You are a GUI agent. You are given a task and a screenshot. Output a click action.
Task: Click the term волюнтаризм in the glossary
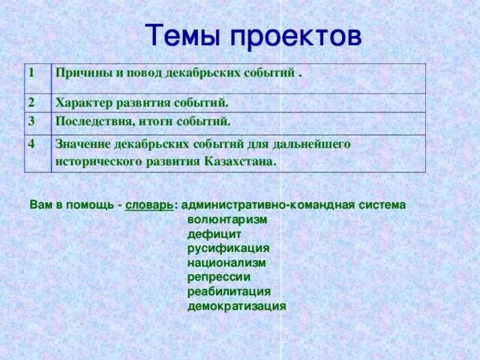click(227, 220)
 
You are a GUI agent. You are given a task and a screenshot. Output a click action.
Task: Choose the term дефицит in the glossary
click(214, 234)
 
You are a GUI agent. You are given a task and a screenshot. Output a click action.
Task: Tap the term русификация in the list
click(228, 248)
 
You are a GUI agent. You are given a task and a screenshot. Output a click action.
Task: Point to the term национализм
click(226, 262)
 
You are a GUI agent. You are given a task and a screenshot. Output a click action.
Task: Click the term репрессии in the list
click(219, 277)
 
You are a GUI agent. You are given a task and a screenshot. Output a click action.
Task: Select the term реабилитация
click(229, 291)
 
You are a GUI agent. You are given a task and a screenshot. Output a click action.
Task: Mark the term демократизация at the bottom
click(237, 306)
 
